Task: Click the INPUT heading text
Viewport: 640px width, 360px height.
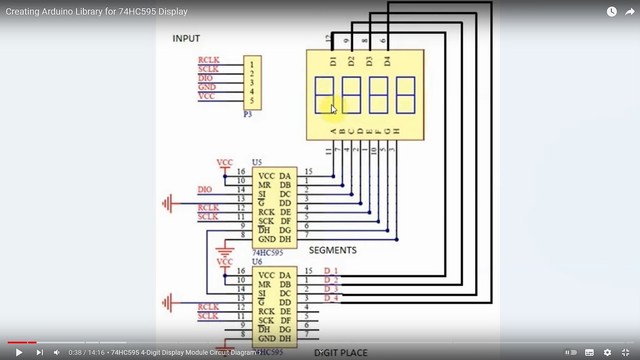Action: pyautogui.click(x=186, y=39)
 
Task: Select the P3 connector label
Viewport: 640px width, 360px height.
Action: pyautogui.click(x=248, y=114)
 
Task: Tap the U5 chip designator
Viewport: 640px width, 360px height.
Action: pyautogui.click(x=256, y=162)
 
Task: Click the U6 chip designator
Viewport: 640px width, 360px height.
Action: pyautogui.click(x=256, y=262)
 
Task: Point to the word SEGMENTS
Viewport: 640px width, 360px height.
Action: pyautogui.click(x=333, y=251)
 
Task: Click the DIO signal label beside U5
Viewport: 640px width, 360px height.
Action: pyautogui.click(x=205, y=190)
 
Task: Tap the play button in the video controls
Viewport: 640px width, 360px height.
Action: pyautogui.click(x=19, y=353)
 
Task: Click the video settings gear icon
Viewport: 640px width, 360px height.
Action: pyautogui.click(x=607, y=353)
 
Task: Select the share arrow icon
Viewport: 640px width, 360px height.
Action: pyautogui.click(x=629, y=12)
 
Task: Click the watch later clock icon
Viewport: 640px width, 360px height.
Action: pyautogui.click(x=612, y=12)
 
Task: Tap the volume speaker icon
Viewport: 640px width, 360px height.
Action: pyautogui.click(x=57, y=353)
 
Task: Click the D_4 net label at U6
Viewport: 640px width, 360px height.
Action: pyautogui.click(x=331, y=298)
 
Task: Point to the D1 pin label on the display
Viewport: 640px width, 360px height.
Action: pyautogui.click(x=333, y=61)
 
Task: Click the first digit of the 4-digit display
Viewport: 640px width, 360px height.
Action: pyautogui.click(x=324, y=95)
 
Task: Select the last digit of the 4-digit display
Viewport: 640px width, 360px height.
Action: pyautogui.click(x=405, y=95)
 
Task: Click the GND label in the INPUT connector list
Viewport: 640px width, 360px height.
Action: pyautogui.click(x=207, y=87)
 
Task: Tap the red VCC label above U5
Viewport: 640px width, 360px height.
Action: pyautogui.click(x=224, y=163)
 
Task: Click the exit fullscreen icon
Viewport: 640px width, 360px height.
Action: pyautogui.click(x=625, y=353)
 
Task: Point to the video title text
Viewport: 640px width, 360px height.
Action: pyautogui.click(x=96, y=12)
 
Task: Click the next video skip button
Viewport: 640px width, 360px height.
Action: pyautogui.click(x=39, y=353)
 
